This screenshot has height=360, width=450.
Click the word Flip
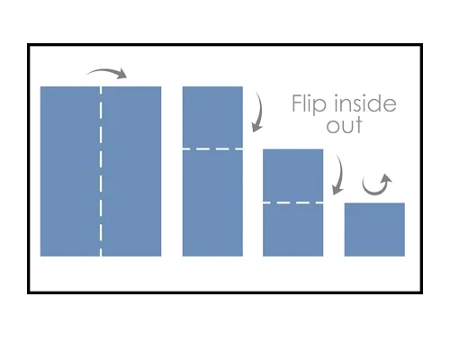click(x=309, y=104)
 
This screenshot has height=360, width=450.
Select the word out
click(x=345, y=126)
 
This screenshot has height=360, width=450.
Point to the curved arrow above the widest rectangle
click(x=105, y=71)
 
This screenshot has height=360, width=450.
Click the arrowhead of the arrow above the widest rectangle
click(x=121, y=73)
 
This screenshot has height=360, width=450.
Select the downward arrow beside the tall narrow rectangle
click(x=258, y=112)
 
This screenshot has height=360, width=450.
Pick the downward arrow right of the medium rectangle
click(x=340, y=174)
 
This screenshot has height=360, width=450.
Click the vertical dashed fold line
click(x=101, y=171)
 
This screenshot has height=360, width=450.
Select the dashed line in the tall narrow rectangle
click(x=212, y=148)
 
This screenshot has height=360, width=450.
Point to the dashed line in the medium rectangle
click(x=292, y=203)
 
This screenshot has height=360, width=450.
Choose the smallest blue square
click(x=374, y=229)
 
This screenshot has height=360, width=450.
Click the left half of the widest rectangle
click(x=70, y=171)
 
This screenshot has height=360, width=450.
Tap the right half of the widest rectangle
click(x=131, y=171)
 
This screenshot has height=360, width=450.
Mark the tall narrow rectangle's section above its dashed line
click(x=212, y=117)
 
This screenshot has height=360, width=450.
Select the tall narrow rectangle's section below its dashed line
click(x=212, y=203)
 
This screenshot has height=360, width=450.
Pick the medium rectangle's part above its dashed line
click(x=292, y=175)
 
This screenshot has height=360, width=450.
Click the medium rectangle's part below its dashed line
click(x=292, y=230)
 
